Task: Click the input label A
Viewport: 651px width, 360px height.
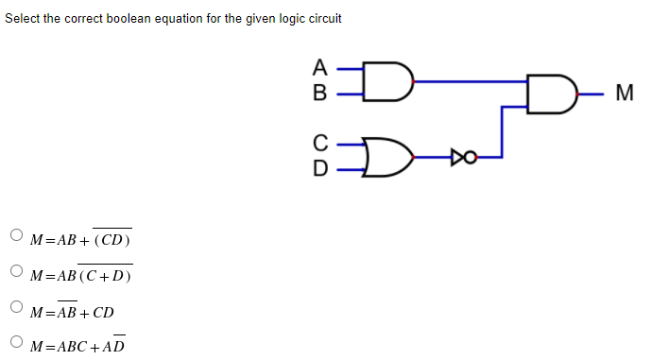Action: point(319,68)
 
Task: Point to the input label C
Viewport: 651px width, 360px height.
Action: point(319,145)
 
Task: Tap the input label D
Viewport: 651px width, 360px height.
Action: point(319,169)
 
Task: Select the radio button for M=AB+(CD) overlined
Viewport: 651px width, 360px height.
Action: point(15,236)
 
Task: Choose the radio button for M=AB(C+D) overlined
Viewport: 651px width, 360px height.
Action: point(15,272)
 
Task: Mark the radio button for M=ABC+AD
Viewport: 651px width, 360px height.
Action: point(15,343)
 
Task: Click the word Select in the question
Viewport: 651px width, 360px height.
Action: point(23,19)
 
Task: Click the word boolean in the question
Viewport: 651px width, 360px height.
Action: point(150,19)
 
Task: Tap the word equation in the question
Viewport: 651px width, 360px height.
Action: point(201,19)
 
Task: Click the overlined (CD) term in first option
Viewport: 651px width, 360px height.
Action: point(111,240)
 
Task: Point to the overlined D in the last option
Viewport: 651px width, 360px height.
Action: point(119,346)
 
